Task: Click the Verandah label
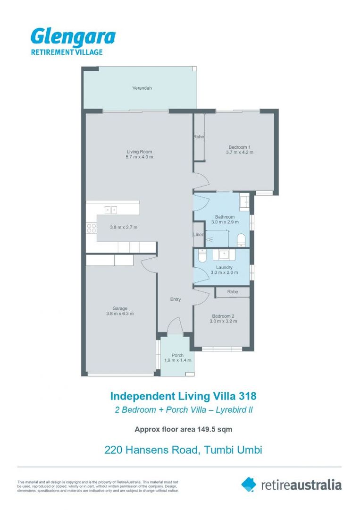[142, 88]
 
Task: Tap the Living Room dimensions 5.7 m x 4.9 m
[140, 157]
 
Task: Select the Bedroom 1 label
[239, 146]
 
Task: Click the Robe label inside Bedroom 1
[198, 137]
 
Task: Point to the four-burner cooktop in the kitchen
[92, 229]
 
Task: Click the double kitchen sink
[111, 210]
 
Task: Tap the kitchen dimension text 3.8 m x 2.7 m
[124, 227]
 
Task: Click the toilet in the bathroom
[241, 240]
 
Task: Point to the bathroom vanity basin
[244, 202]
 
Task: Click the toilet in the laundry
[201, 256]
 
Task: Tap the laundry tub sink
[224, 255]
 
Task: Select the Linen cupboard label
[198, 235]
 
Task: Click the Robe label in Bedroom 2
[232, 292]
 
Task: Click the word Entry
[176, 299]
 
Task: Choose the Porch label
[177, 355]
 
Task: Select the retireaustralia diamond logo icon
[249, 484]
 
